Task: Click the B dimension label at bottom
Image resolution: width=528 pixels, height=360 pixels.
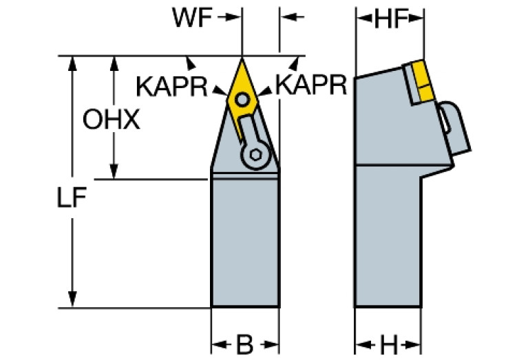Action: pyautogui.click(x=244, y=343)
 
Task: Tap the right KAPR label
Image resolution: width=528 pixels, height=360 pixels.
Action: pyautogui.click(x=310, y=85)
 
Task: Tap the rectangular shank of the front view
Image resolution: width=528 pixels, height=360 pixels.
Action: pyautogui.click(x=244, y=241)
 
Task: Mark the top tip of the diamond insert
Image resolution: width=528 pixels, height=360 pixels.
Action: pyautogui.click(x=242, y=57)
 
